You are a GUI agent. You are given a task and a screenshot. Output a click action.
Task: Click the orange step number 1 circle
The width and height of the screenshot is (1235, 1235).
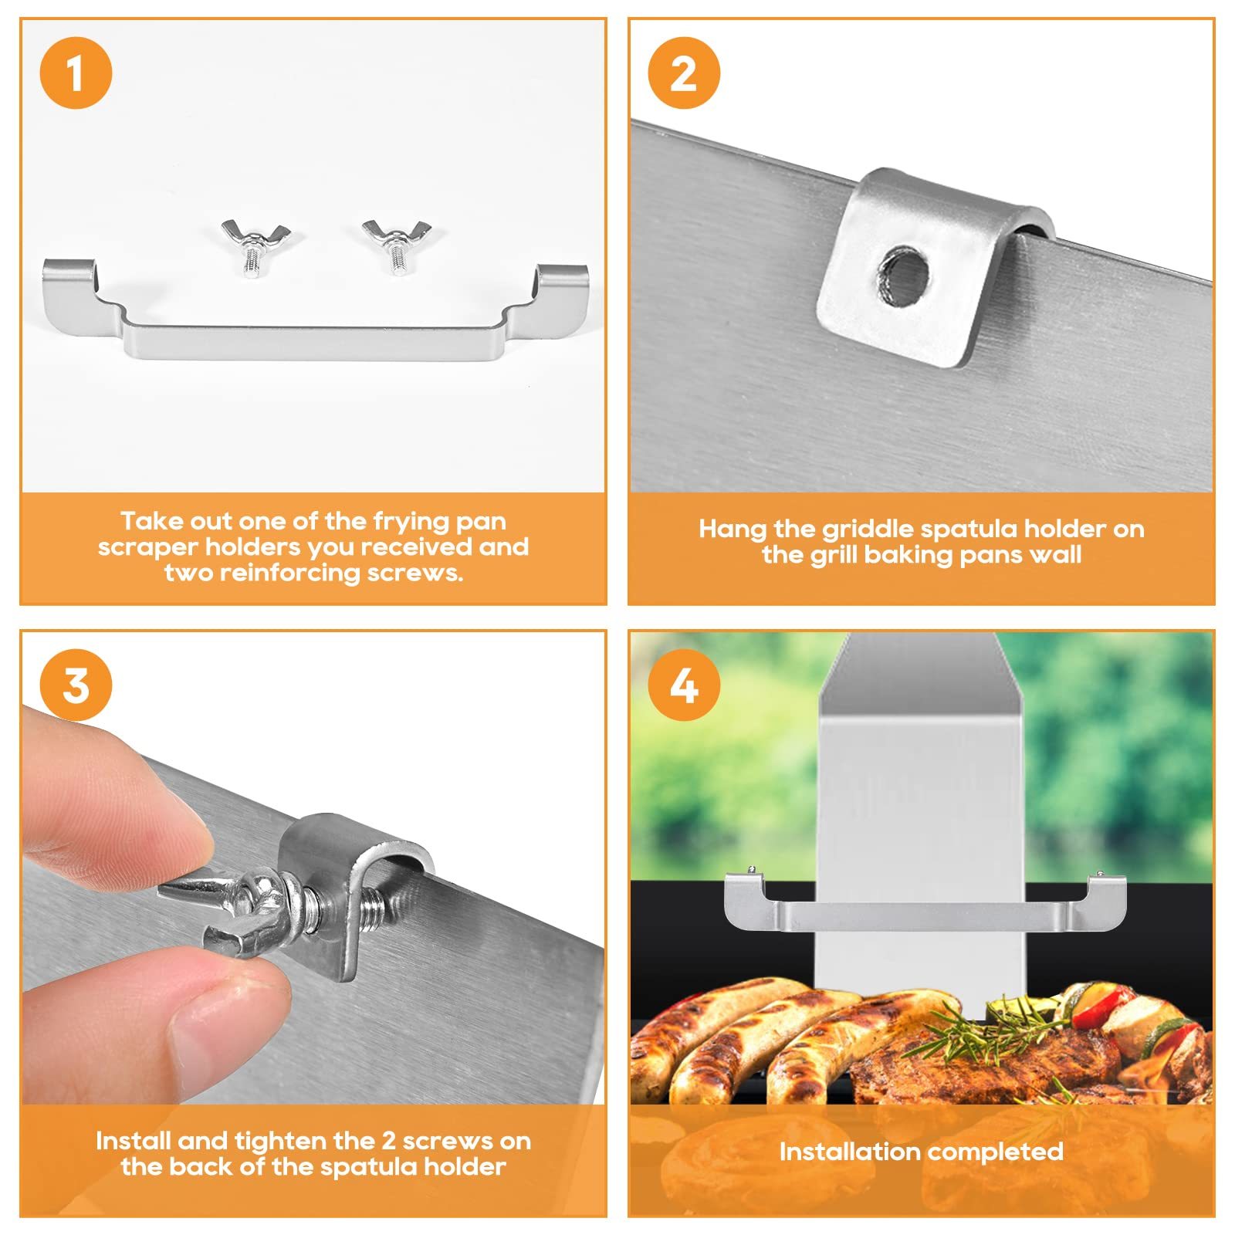tap(76, 73)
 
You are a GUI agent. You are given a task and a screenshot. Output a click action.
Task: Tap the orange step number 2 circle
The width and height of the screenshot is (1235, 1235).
tap(684, 73)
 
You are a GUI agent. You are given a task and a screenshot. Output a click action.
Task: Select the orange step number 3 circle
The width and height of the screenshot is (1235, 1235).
tap(76, 685)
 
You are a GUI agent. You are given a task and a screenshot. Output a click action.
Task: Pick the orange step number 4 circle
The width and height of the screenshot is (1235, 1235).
tap(684, 685)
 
